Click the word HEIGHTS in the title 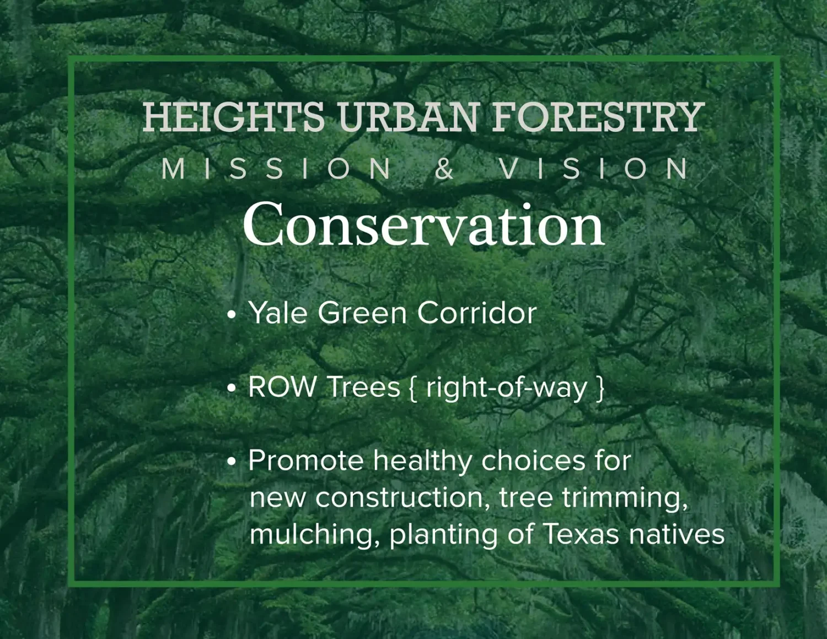[x=233, y=117]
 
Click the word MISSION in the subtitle [x=276, y=169]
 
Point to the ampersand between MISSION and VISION [x=444, y=169]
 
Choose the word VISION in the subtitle [x=593, y=169]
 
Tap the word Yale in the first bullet [x=278, y=313]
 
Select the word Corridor [x=477, y=313]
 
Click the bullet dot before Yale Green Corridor [x=232, y=315]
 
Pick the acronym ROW [x=282, y=387]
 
